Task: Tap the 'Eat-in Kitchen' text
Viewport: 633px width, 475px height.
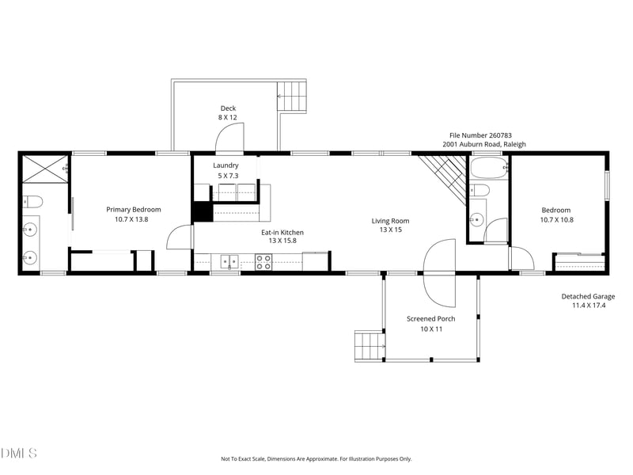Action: tap(282, 233)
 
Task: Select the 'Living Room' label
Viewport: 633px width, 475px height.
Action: tap(390, 221)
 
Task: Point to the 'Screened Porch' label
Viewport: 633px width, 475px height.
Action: tap(430, 319)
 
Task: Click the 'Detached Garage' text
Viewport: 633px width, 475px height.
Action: tap(588, 297)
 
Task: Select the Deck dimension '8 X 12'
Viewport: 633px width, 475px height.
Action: tap(228, 117)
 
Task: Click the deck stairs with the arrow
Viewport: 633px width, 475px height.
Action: tap(291, 97)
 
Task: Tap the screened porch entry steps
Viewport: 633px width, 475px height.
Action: tap(368, 346)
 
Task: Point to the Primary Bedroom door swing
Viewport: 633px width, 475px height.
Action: tap(180, 238)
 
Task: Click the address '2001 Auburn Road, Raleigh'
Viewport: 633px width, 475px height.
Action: tap(483, 145)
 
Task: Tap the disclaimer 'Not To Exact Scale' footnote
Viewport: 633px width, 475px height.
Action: tap(316, 459)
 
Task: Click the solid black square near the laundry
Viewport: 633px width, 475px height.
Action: tap(203, 211)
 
